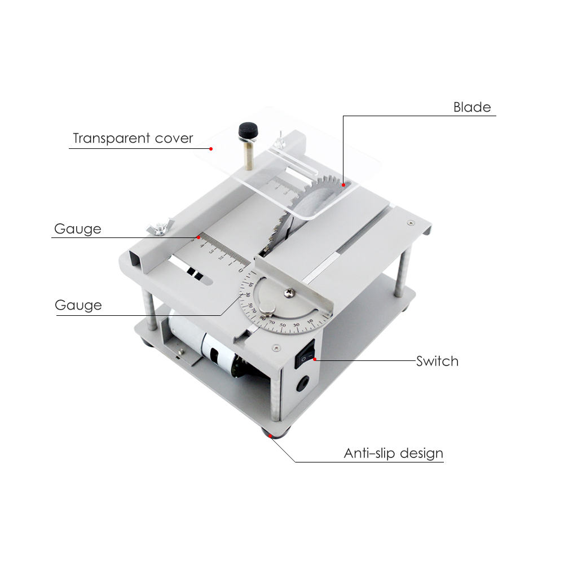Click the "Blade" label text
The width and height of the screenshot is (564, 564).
472,107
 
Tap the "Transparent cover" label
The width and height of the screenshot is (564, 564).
133,138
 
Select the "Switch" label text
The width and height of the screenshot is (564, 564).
438,361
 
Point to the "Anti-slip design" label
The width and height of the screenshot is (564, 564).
394,453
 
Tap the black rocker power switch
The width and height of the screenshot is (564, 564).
305,354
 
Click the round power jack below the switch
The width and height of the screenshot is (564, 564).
302,384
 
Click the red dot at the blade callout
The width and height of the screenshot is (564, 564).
343,185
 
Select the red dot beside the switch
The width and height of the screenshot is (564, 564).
315,359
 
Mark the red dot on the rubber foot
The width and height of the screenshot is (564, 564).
270,435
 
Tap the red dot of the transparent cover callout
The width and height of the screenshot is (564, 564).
211,149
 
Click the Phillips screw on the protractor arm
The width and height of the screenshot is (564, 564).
288,293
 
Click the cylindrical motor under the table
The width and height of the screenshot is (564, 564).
205,345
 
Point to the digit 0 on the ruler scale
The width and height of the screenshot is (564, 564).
241,270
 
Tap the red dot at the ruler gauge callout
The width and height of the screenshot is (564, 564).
199,237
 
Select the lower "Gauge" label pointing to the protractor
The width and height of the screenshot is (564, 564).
78,305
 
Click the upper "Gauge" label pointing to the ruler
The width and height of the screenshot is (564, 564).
78,229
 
